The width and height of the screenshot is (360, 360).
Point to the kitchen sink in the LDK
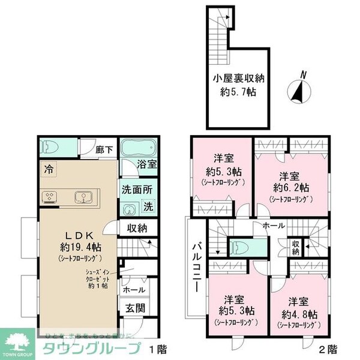point(82,197)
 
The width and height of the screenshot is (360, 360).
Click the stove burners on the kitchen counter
point(49,197)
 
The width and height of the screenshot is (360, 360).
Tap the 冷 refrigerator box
point(47,169)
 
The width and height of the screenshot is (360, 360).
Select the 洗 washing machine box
point(149,206)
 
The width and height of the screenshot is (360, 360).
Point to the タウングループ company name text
point(90,348)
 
